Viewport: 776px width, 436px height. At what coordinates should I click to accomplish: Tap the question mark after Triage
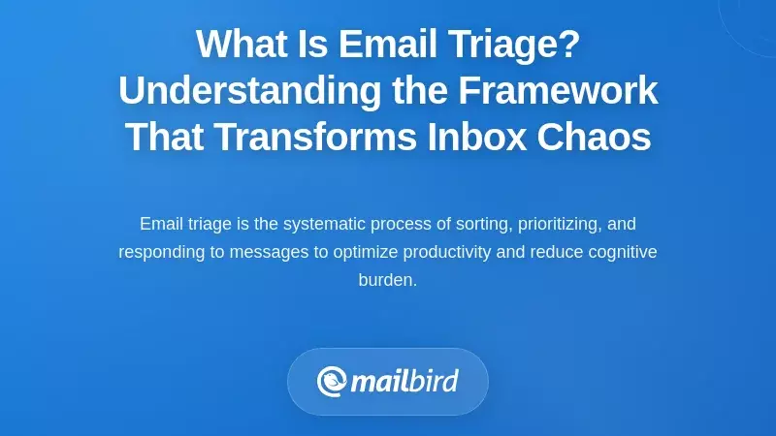pos(570,45)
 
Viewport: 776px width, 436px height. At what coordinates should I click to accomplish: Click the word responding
pos(159,252)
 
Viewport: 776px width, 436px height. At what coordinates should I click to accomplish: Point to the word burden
pos(387,280)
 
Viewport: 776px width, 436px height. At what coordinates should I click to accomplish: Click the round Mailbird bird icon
pos(332,381)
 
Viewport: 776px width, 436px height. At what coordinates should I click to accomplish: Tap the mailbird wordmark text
pos(404,381)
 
